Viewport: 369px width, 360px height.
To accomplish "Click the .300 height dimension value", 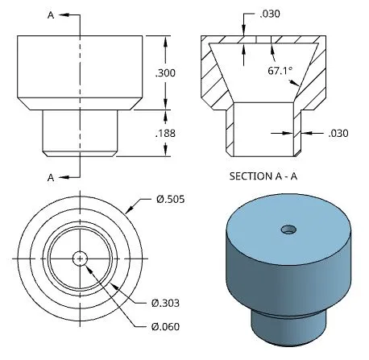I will pyautogui.click(x=165, y=73).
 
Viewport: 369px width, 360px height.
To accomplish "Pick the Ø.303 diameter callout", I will pyautogui.click(x=165, y=303).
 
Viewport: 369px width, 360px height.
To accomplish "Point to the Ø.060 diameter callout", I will pyautogui.click(x=165, y=326).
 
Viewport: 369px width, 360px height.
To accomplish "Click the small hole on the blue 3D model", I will pyautogui.click(x=288, y=230).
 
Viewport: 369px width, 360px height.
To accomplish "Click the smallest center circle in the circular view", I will pyautogui.click(x=79, y=258).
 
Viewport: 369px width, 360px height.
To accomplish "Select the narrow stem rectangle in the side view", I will pyautogui.click(x=79, y=131).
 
